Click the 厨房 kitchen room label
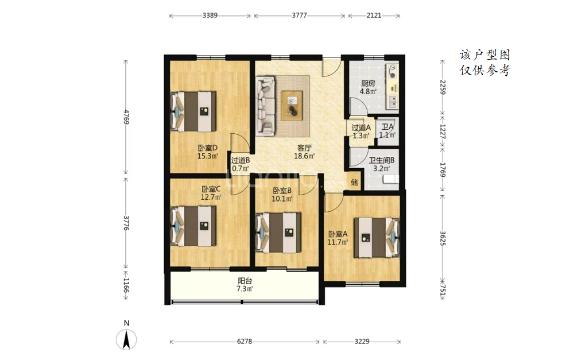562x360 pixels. click(368, 84)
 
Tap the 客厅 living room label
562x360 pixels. click(304, 148)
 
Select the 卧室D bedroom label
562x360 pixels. click(208, 148)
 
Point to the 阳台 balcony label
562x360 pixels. click(245, 281)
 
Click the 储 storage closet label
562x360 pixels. click(354, 182)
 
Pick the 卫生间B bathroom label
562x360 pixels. click(382, 160)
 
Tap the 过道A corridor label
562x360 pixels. click(361, 127)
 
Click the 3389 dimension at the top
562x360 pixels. click(210, 16)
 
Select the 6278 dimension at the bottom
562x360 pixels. click(245, 342)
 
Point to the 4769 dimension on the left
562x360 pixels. click(126, 117)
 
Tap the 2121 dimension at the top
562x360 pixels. click(374, 16)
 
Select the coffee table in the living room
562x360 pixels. click(292, 106)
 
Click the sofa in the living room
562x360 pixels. click(266, 106)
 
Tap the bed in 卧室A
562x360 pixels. click(377, 238)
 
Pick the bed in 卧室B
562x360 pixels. click(278, 233)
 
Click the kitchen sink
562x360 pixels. click(393, 102)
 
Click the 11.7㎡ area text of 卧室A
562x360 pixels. click(338, 242)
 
